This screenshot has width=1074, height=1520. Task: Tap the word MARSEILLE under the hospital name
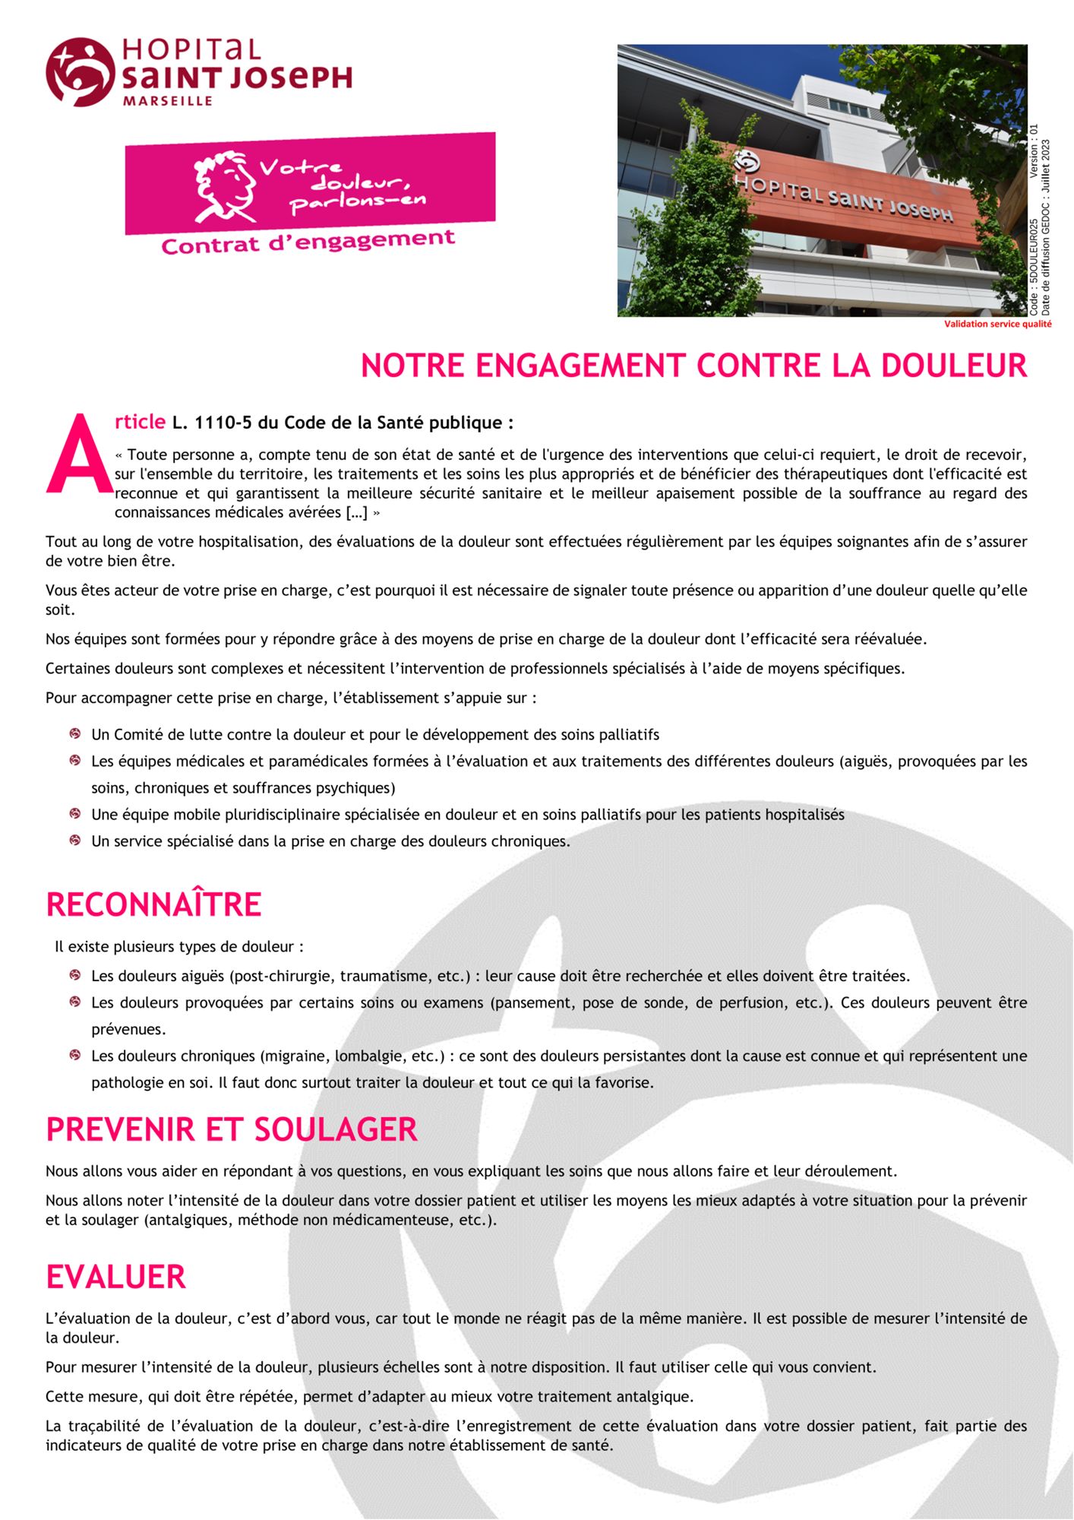click(x=168, y=101)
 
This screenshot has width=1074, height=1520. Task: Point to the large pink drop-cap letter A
click(x=78, y=454)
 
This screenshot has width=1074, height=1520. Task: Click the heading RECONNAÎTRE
click(x=154, y=904)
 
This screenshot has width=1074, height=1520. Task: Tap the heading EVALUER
click(x=116, y=1277)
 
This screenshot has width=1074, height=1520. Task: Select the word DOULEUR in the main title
click(x=953, y=366)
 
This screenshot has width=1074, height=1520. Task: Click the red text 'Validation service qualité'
click(x=997, y=325)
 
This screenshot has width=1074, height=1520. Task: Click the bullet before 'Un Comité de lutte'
click(x=75, y=734)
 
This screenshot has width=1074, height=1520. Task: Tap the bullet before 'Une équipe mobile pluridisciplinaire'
click(x=75, y=814)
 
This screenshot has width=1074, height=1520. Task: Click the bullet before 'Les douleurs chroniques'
click(x=75, y=1055)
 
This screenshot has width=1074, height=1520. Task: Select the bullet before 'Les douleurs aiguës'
click(x=75, y=975)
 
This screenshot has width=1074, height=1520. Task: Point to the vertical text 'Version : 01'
click(x=1034, y=151)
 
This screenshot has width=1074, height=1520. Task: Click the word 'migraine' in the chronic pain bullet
click(x=296, y=1056)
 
